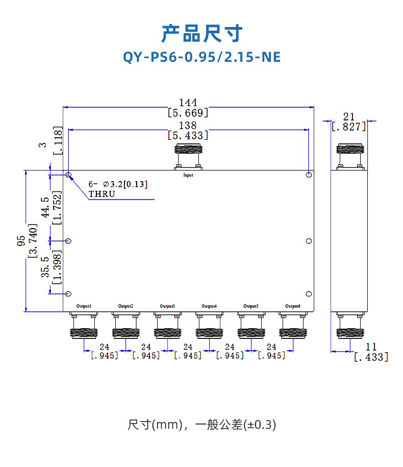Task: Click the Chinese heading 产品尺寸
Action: [202, 33]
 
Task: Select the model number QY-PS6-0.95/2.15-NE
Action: [202, 56]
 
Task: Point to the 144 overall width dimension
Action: [188, 103]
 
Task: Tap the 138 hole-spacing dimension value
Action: [188, 126]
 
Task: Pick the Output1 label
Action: [84, 306]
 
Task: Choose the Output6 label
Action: [293, 306]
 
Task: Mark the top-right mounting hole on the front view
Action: [309, 175]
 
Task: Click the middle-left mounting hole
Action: [69, 241]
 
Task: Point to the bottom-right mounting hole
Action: [309, 294]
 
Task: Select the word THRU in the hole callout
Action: [102, 194]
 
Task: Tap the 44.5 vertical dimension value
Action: [45, 207]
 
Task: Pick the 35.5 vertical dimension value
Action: [45, 267]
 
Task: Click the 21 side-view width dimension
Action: [349, 117]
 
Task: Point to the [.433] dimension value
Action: [371, 357]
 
